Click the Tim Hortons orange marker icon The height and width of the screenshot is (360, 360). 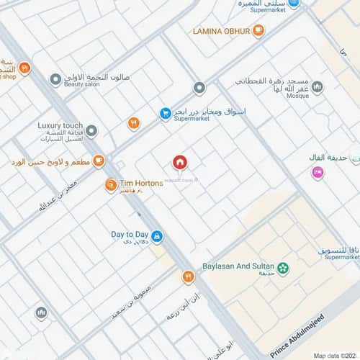pyautogui.click(x=111, y=185)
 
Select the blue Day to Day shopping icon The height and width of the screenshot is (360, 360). pyautogui.click(x=157, y=235)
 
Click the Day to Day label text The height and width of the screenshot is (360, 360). pyautogui.click(x=130, y=235)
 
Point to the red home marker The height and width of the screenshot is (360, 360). pyautogui.click(x=179, y=162)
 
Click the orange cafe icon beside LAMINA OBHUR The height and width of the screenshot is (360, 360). pyautogui.click(x=259, y=30)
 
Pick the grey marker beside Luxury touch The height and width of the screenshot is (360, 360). pyautogui.click(x=91, y=130)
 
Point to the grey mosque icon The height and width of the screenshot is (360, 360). pyautogui.click(x=318, y=87)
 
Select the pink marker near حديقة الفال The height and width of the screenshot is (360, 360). pyautogui.click(x=317, y=172)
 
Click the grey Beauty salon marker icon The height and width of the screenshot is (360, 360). pyautogui.click(x=55, y=79)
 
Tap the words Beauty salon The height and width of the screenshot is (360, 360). pyautogui.click(x=82, y=85)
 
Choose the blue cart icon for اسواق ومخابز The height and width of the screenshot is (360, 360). pyautogui.click(x=165, y=113)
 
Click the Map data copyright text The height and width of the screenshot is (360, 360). pyautogui.click(x=334, y=355)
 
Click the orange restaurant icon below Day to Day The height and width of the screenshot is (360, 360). pyautogui.click(x=188, y=275)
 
